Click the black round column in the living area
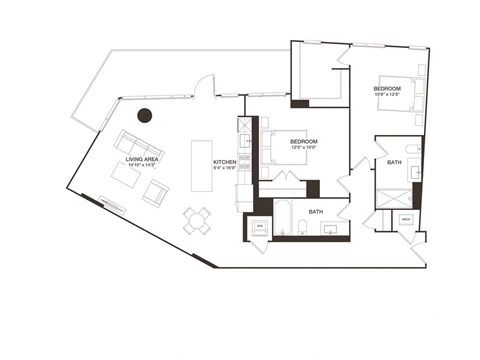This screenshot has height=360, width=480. tap(145, 115)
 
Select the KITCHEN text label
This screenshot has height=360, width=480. tap(224, 161)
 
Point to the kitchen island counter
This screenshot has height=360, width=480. tap(200, 167)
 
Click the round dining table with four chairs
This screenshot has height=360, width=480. tap(197, 220)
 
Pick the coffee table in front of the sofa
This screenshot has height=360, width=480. tap(125, 176)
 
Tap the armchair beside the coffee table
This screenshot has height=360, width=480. tap(156, 192)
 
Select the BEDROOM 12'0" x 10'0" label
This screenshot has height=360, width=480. tap(304, 144)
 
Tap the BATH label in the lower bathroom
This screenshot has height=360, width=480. tap(315, 212)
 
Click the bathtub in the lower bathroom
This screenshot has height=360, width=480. tap(282, 221)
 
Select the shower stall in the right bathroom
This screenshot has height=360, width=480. tap(393, 197)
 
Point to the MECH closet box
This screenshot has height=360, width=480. tap(406, 219)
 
